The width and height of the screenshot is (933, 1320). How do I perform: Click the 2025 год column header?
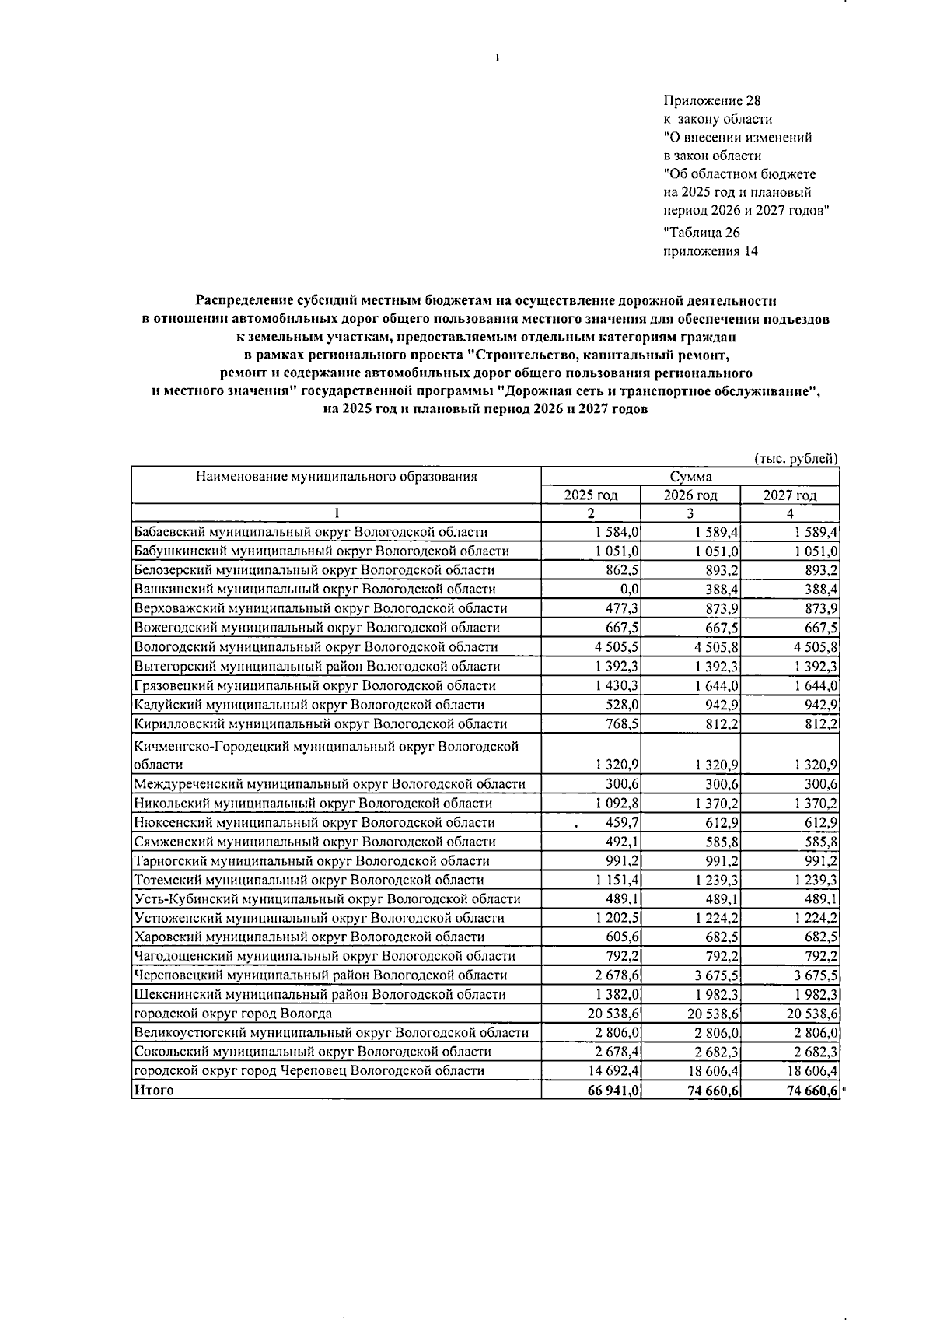591,495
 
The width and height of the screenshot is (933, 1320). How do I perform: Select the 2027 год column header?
789,495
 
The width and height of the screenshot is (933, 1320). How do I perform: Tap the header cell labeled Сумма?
690,477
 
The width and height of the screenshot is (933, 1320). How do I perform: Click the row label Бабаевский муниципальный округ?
311,532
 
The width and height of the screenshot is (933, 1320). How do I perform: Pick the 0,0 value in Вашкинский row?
630,590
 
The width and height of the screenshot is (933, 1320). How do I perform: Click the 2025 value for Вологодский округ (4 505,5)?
618,647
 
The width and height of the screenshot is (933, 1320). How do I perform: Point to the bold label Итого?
154,1091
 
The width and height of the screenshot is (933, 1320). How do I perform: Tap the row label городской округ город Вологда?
233,1014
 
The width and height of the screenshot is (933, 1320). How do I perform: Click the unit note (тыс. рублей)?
797,458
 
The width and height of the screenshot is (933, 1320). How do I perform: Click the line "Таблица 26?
702,233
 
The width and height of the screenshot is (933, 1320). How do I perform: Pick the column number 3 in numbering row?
690,513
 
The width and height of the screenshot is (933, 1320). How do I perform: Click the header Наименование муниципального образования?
336,477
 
